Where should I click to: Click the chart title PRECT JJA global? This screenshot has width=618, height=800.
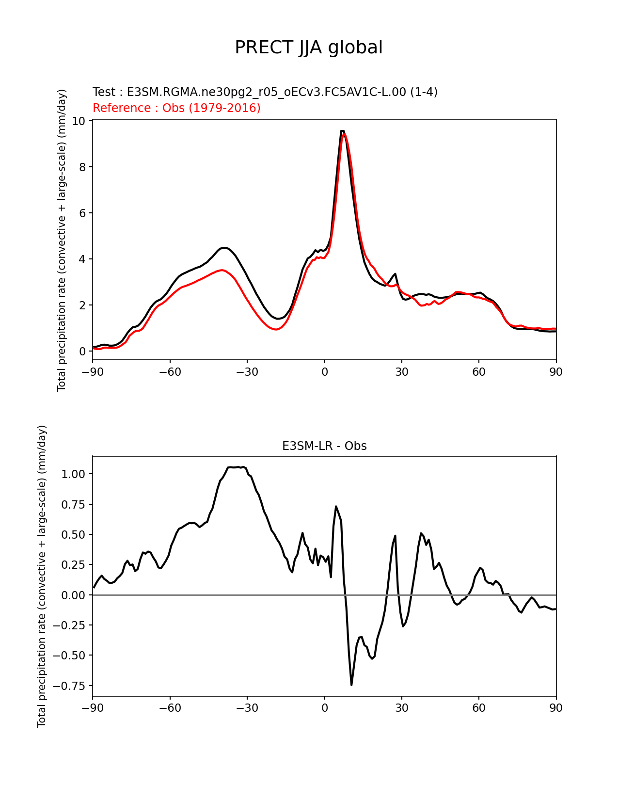309,48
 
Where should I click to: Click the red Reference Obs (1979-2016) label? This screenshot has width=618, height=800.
176,108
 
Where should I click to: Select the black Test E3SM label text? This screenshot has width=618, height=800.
265,92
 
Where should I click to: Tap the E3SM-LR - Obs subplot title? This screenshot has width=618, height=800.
324,446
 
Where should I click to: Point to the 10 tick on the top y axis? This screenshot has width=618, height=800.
79,121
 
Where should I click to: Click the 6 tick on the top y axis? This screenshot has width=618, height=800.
82,213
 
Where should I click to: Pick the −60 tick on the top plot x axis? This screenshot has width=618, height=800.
170,372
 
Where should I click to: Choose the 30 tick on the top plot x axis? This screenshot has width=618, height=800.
401,372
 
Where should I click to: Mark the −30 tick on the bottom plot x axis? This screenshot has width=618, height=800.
247,708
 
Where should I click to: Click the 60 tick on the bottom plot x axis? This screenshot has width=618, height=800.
478,708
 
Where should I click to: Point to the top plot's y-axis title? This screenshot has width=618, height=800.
62,240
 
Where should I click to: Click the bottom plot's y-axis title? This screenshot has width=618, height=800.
42,576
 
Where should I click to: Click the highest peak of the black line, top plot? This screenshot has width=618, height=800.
342,131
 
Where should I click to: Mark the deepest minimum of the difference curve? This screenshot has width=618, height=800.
351,685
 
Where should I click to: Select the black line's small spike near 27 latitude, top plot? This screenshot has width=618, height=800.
396,274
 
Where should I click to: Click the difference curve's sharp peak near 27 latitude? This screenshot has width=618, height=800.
396,536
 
